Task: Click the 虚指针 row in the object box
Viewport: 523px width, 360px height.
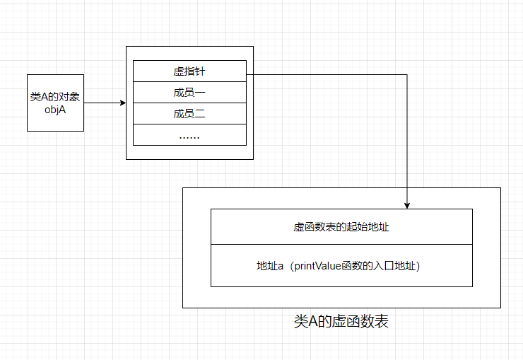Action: click(189, 71)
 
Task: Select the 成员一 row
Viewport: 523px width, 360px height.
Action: click(189, 93)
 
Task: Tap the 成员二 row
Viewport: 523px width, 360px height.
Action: click(189, 113)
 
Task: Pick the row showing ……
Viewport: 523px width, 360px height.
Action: click(189, 135)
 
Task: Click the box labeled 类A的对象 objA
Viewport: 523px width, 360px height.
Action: click(55, 103)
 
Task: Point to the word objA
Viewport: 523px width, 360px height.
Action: click(55, 110)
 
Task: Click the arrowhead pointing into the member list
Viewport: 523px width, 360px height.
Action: click(122, 103)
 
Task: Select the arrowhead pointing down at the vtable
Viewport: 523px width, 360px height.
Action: click(407, 205)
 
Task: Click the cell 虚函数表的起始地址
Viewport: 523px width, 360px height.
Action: click(341, 227)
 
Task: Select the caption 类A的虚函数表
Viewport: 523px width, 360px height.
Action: click(341, 322)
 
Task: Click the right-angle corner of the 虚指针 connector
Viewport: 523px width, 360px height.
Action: click(407, 72)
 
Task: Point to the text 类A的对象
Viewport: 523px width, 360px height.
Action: click(55, 97)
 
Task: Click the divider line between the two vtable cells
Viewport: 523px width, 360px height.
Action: click(341, 245)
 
